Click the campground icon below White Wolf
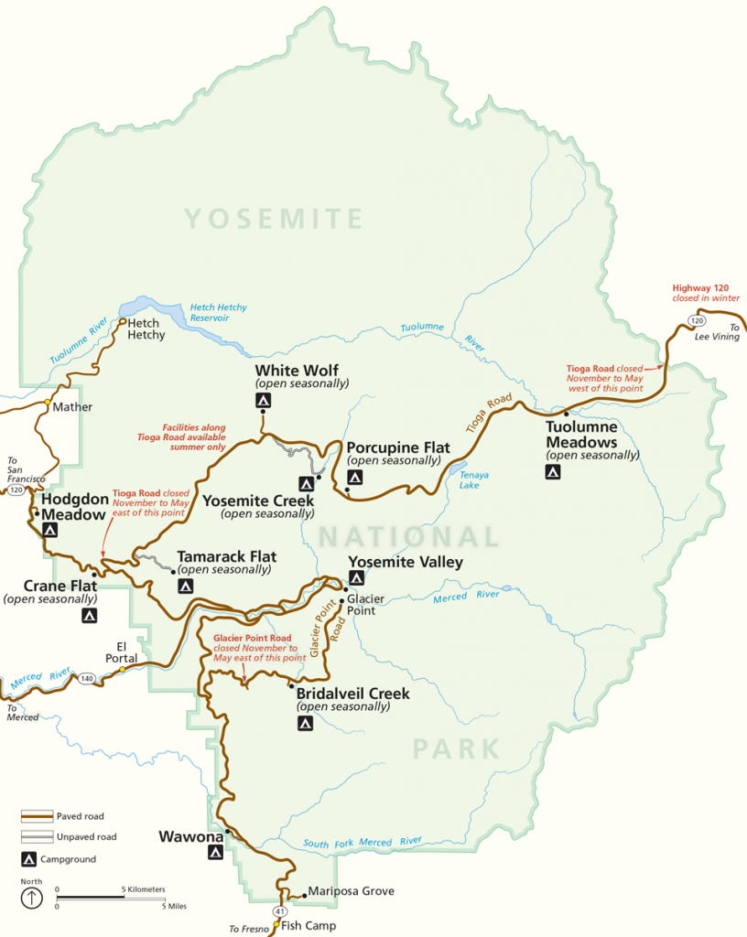(x=263, y=401)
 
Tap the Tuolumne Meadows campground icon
(x=553, y=472)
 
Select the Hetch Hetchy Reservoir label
(x=218, y=313)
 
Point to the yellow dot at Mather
(x=48, y=402)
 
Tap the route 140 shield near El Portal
(x=87, y=678)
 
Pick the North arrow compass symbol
(x=32, y=897)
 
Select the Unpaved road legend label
(x=86, y=836)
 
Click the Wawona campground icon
(x=215, y=853)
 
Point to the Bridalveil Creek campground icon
(x=306, y=723)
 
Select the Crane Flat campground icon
(x=89, y=616)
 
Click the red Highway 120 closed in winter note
(x=705, y=293)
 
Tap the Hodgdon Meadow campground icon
(x=50, y=530)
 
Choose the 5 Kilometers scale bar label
(x=144, y=889)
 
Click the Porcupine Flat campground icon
(x=355, y=477)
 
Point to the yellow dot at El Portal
(x=122, y=670)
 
